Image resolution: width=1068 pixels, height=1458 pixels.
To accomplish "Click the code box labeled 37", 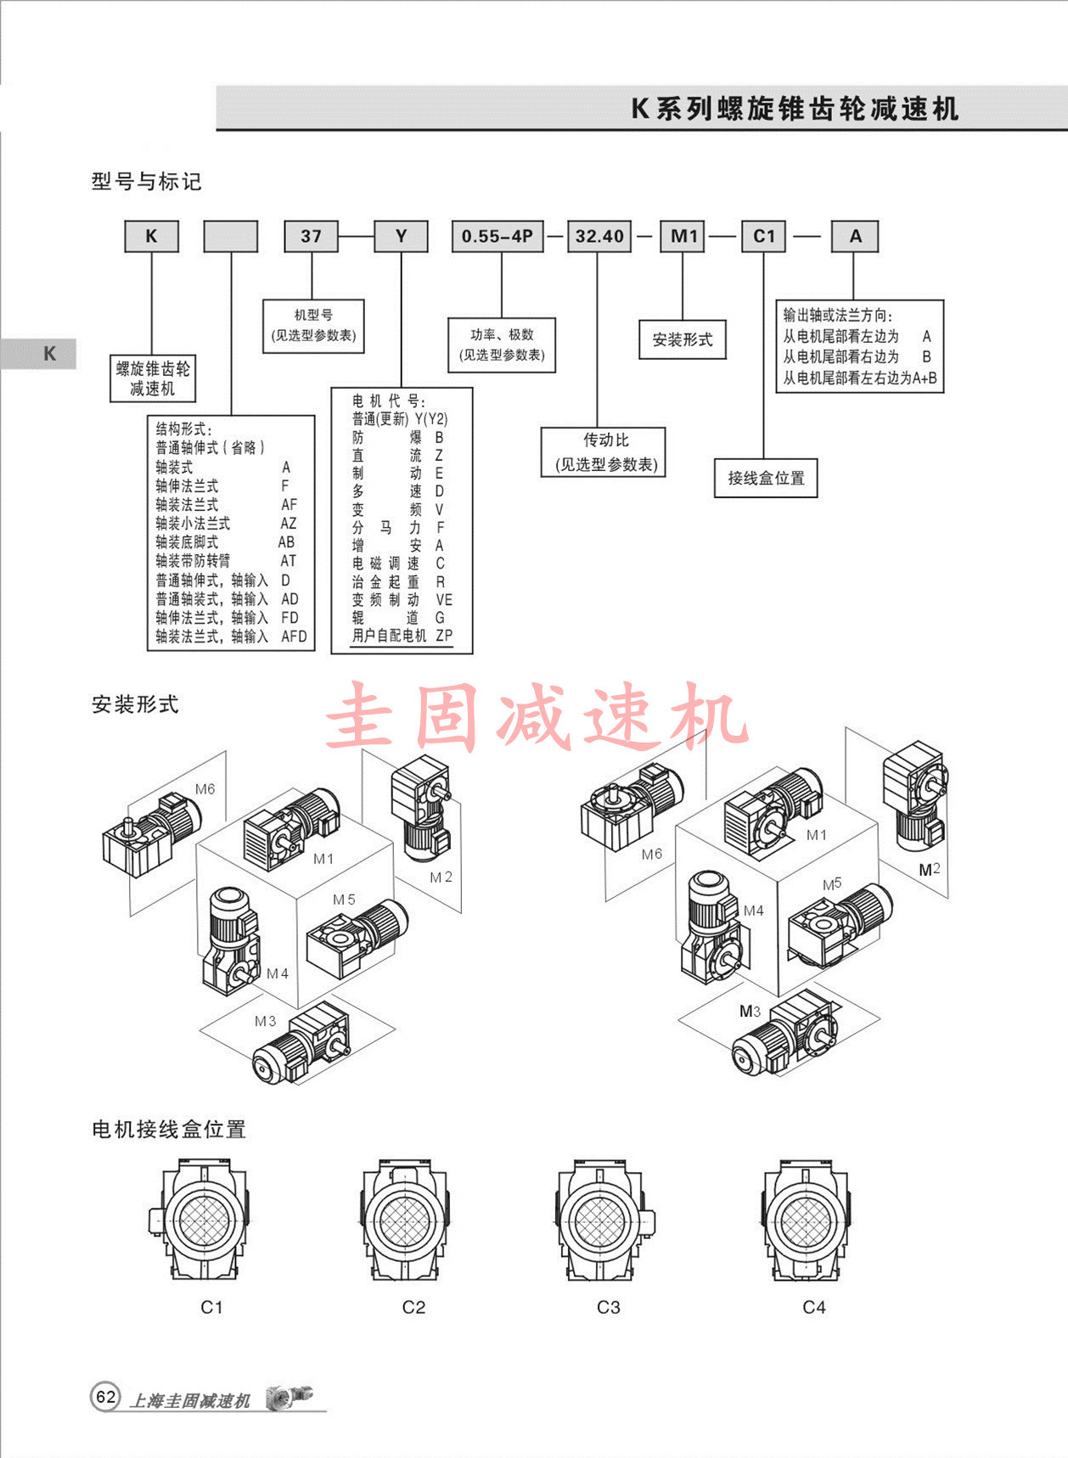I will [x=311, y=237].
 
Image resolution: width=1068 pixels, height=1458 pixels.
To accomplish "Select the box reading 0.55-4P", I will [x=497, y=237].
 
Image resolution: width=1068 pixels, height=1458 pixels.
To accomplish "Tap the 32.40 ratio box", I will [x=599, y=237].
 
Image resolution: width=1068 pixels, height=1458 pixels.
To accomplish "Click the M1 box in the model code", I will [x=683, y=237].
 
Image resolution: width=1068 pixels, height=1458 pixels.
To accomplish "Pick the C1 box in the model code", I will [x=764, y=237].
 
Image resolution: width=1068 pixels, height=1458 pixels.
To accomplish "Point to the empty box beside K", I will [x=230, y=237].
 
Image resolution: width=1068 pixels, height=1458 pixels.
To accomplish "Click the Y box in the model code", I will [x=402, y=237].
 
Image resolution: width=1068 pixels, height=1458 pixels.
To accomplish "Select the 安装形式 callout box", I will [x=683, y=339].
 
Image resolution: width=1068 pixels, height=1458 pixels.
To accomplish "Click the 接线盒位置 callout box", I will [x=766, y=478].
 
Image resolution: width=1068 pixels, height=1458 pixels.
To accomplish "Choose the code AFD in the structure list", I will [x=294, y=636].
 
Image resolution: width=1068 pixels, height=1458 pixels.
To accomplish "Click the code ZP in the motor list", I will [x=444, y=636].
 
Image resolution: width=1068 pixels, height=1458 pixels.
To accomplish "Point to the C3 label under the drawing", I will [x=609, y=1307].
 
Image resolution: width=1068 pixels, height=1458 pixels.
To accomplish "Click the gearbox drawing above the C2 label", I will [x=406, y=1221].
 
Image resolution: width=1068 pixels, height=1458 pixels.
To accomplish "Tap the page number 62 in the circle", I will [x=105, y=1397].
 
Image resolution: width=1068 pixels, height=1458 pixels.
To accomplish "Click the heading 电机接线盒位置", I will [x=168, y=1130].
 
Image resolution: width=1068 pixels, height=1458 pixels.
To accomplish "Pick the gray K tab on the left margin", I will [x=49, y=354].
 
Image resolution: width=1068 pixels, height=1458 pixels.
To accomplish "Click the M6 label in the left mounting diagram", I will [x=205, y=789].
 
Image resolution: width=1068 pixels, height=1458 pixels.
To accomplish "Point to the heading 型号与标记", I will [x=146, y=182].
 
